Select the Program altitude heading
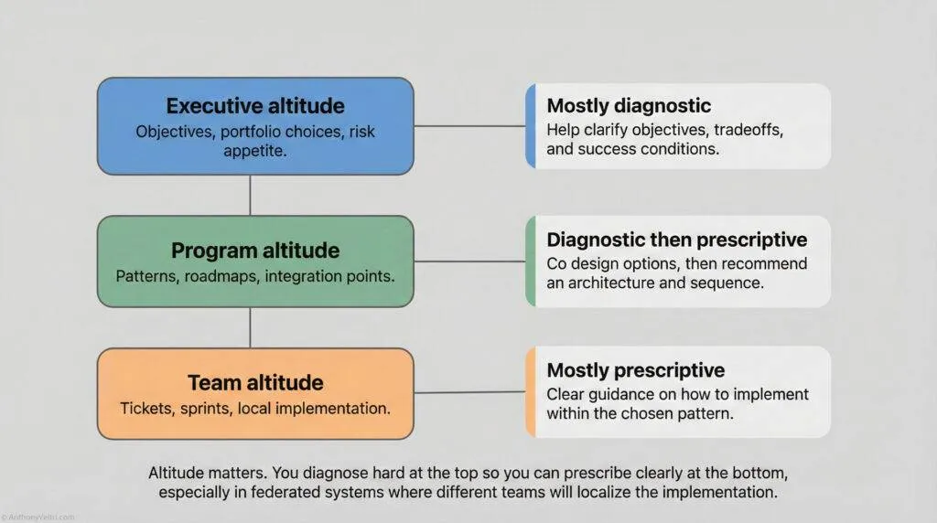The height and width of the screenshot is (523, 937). (x=255, y=250)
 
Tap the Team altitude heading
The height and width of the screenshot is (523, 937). (x=255, y=382)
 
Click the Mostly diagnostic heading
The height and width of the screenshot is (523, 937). (x=629, y=106)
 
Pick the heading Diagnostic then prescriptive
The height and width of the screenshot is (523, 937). (x=676, y=240)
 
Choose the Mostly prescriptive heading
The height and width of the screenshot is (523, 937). (x=635, y=370)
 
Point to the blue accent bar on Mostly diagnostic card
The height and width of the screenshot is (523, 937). (x=530, y=126)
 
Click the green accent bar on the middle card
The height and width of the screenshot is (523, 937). (x=530, y=261)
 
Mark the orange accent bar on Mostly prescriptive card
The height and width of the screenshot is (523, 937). (x=530, y=391)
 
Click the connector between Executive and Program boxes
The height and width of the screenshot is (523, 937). (x=250, y=196)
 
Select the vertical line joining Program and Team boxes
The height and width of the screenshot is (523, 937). (x=250, y=327)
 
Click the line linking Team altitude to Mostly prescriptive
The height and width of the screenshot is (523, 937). (x=468, y=392)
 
